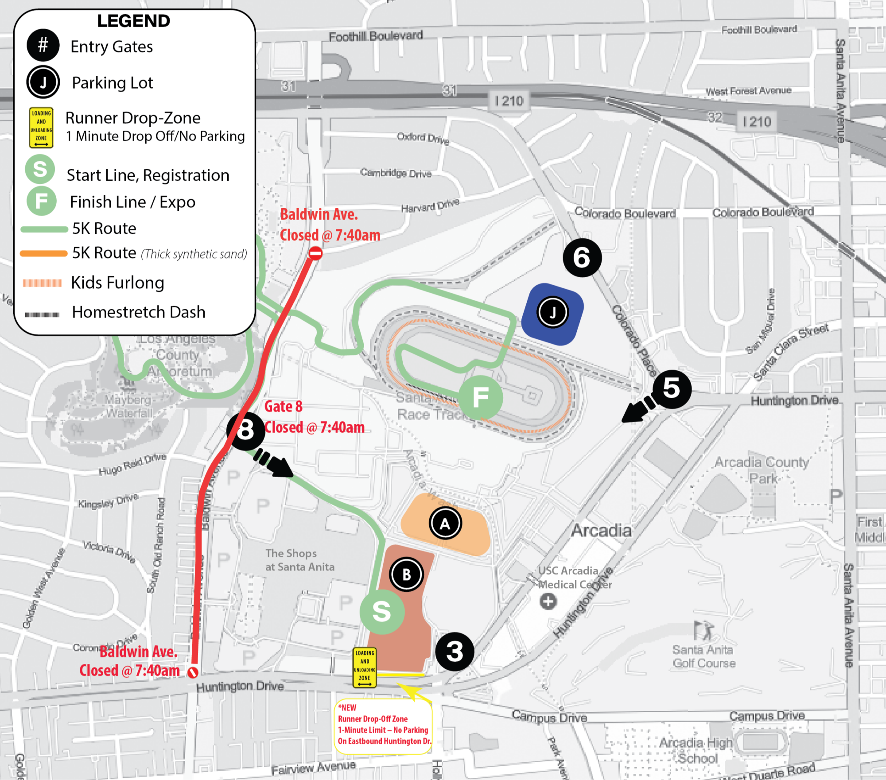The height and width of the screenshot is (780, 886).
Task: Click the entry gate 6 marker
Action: point(582,257)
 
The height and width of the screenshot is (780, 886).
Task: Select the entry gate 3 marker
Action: point(455,652)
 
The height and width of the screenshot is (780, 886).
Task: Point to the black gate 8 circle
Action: point(245,430)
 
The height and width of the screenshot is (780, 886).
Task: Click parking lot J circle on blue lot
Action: point(552,313)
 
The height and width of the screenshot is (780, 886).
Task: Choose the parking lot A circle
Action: point(445,524)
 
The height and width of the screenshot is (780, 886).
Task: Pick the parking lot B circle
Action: point(406,574)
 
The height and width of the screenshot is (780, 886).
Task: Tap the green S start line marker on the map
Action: point(382,612)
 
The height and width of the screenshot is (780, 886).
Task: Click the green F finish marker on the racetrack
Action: point(481,397)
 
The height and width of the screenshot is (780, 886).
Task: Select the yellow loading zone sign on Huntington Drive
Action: point(365,667)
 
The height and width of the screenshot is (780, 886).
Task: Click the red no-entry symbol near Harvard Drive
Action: point(315,253)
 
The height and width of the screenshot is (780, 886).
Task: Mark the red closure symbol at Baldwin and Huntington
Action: point(193,672)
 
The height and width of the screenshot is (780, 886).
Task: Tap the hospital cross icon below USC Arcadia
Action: point(548,601)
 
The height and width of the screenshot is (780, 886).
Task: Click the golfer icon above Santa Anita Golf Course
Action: point(703,630)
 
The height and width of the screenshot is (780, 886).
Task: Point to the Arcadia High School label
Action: point(696,750)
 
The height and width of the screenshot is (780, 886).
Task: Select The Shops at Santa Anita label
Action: point(299,560)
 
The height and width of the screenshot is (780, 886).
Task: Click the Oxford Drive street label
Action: point(423,138)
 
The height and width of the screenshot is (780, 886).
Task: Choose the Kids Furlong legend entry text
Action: point(117,283)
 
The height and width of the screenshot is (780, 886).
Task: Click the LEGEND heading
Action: point(133,21)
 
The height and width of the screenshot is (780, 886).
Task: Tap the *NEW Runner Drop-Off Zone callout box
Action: point(383,724)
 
